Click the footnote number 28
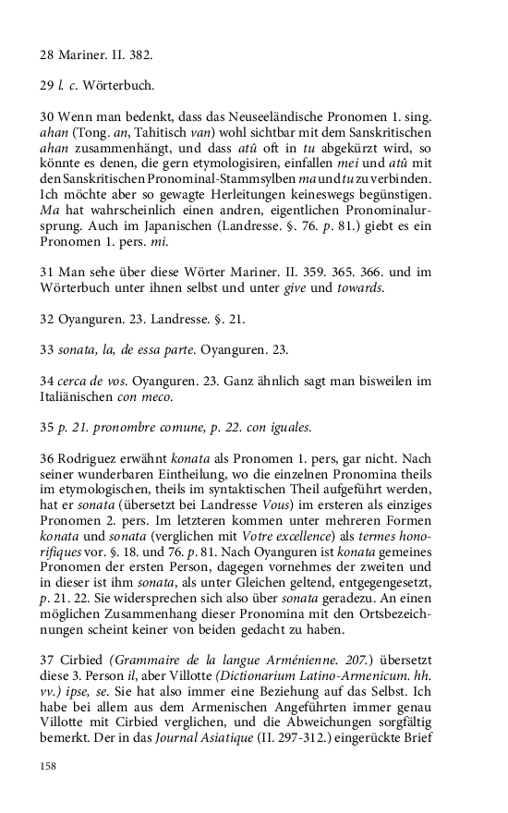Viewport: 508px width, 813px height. pos(47,55)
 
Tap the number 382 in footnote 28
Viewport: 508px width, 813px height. pos(139,55)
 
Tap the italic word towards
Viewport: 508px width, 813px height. pos(358,290)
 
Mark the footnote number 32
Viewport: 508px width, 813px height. pos(47,322)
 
